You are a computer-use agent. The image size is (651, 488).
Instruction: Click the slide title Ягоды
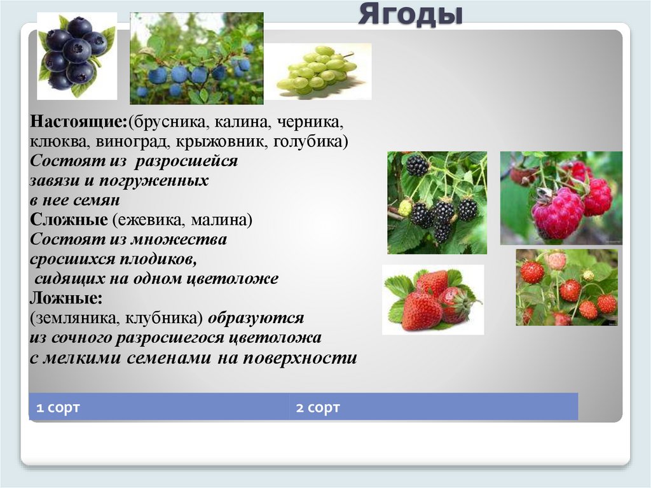tap(409, 14)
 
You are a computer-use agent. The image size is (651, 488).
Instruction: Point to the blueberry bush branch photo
tap(196, 59)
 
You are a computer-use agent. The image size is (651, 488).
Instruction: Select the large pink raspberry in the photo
tap(557, 212)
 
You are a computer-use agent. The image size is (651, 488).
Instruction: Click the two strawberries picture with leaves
tap(432, 299)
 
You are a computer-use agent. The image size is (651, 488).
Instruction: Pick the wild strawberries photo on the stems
tap(566, 287)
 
